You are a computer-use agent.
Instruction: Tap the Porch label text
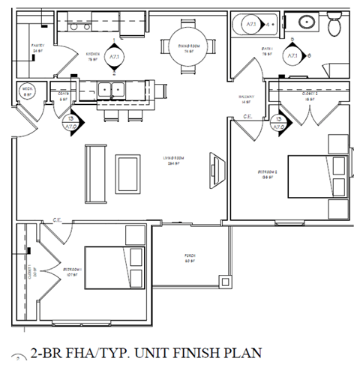(190, 259)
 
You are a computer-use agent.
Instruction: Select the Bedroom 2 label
(267, 175)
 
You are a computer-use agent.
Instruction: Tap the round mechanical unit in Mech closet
(26, 91)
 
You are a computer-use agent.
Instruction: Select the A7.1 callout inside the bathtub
(252, 25)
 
